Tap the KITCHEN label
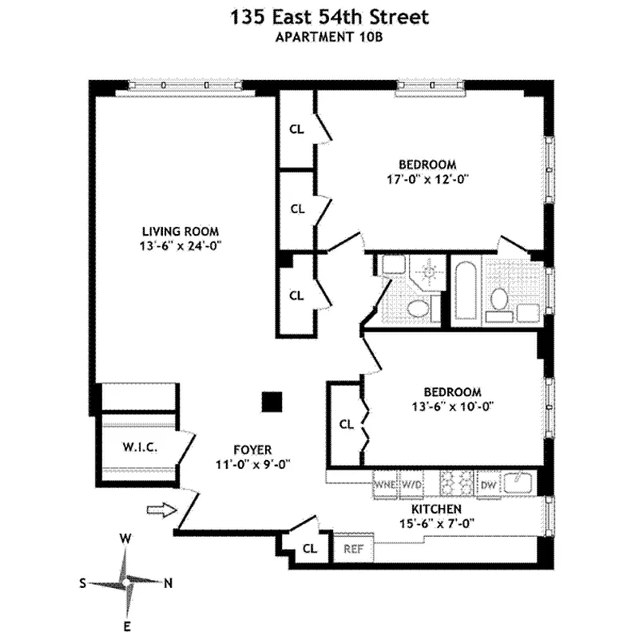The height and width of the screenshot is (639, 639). [x=435, y=509]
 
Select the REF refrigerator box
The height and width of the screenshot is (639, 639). [x=353, y=549]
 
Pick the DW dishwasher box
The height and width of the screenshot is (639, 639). [x=487, y=484]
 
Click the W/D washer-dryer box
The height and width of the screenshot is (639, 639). [x=411, y=484]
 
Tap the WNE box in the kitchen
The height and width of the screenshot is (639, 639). [x=385, y=484]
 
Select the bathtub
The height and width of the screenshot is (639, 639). [x=465, y=290]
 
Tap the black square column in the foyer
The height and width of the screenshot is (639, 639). [x=273, y=402]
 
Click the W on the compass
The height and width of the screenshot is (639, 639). [x=125, y=539]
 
